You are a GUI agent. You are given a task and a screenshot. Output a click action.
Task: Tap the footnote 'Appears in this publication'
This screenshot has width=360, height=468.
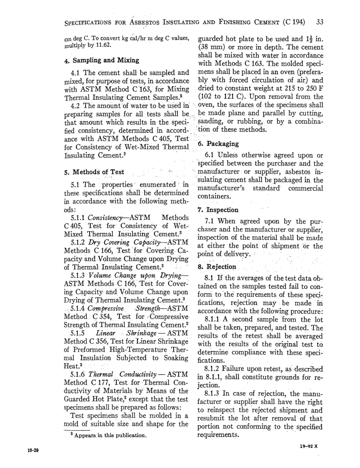tap(97, 431)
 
